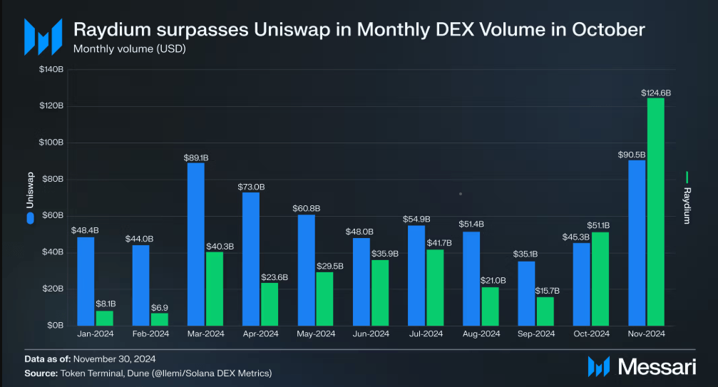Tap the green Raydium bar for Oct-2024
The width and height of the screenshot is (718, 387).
point(600,278)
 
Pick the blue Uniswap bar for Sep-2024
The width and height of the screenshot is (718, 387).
point(526,293)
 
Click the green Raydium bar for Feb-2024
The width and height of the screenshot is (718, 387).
point(160,319)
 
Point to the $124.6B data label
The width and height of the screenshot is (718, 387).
point(656,93)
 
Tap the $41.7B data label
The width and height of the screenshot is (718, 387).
point(436,244)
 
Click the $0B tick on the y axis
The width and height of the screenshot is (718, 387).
point(54,325)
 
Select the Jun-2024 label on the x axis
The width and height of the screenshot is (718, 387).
point(371,334)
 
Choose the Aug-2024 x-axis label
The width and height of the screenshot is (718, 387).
point(481,334)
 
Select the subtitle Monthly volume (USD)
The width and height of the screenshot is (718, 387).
point(125,49)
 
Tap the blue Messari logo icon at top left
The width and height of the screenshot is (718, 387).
point(39,35)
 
